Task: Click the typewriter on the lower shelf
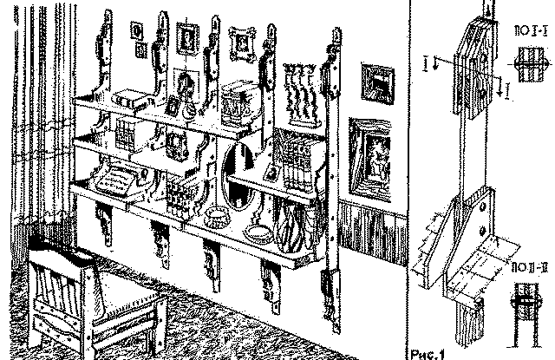coord(115,181)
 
